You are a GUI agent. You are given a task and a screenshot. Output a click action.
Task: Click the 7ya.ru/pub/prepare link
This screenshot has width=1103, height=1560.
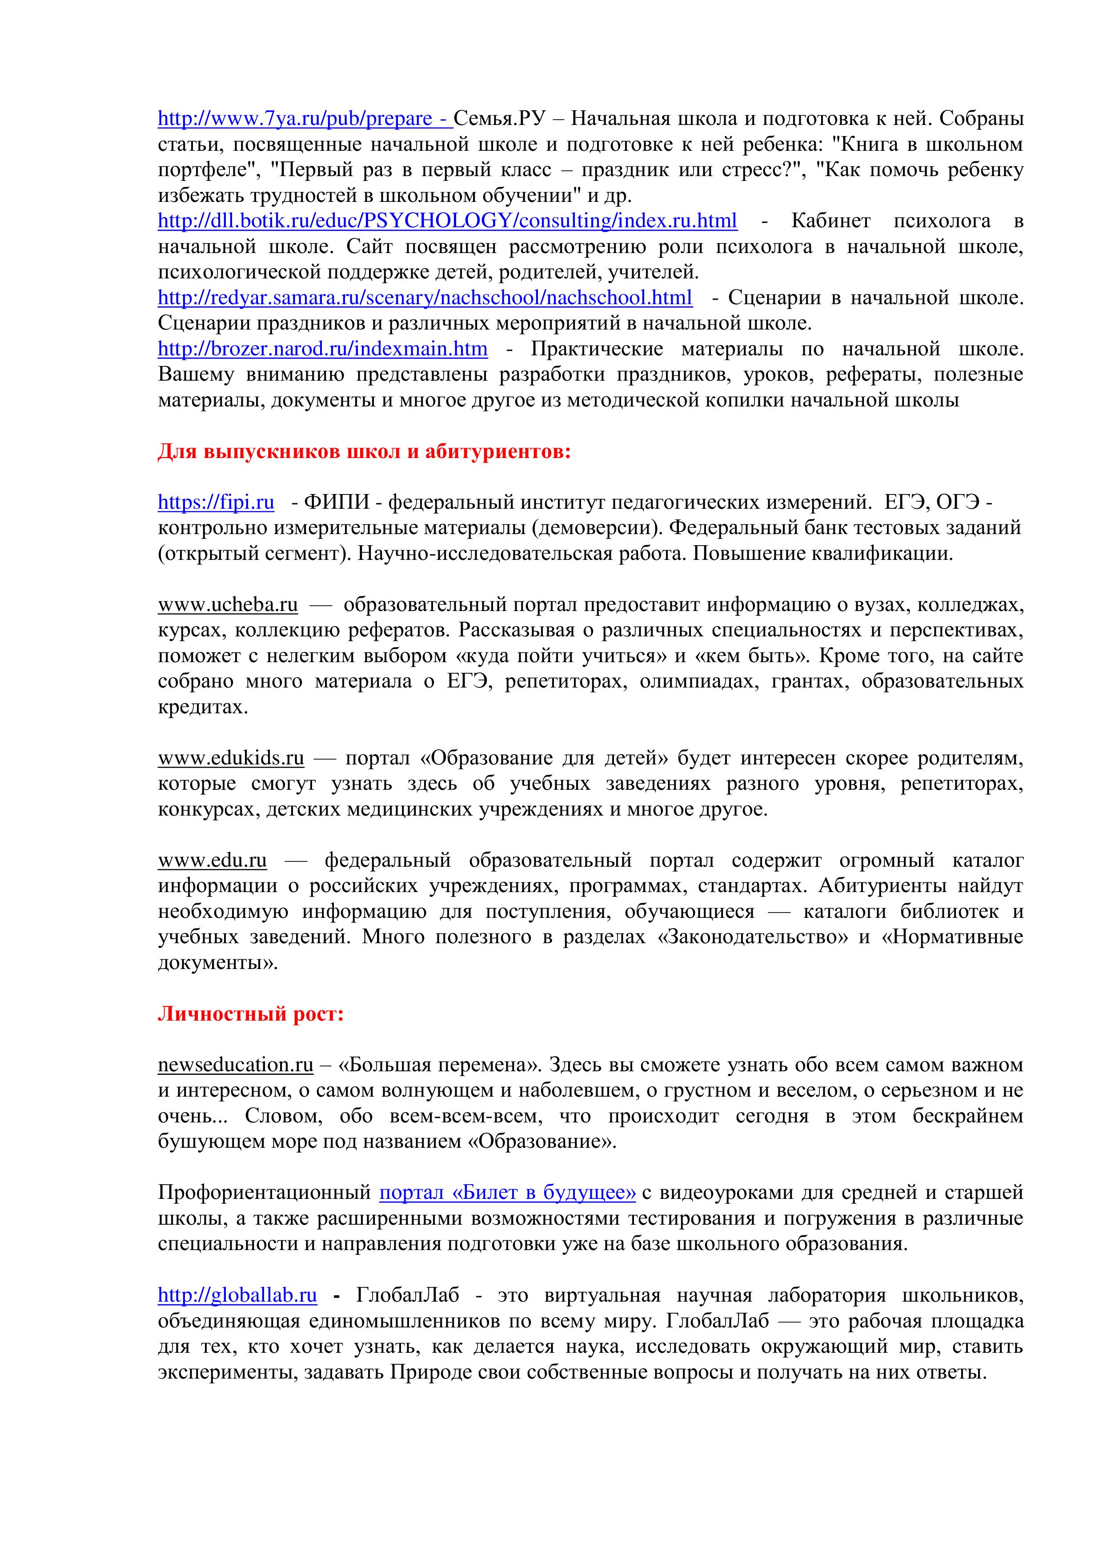(304, 119)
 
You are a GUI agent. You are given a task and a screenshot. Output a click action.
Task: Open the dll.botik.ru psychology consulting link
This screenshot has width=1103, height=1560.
(447, 221)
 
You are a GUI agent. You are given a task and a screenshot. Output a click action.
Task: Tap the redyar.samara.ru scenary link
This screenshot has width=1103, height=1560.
(425, 298)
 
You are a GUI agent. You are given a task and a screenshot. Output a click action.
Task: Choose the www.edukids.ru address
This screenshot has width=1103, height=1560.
(231, 758)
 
